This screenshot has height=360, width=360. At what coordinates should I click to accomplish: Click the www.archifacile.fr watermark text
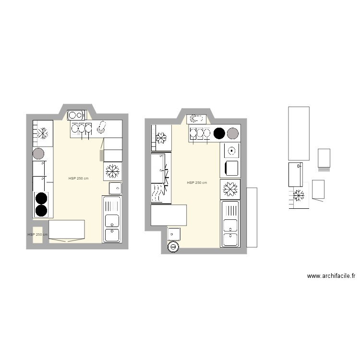coord(331,276)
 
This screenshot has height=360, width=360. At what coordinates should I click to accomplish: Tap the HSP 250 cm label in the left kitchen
coord(78,178)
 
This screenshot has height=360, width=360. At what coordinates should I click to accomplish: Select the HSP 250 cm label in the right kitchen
coord(197,183)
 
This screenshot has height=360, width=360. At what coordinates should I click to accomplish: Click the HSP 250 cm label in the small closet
coord(37,235)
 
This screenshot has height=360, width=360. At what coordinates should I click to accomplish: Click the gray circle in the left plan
coord(38,154)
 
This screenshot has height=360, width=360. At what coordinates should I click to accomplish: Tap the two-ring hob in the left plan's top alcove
coord(76,115)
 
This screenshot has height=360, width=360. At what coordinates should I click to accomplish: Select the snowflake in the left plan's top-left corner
coord(43,133)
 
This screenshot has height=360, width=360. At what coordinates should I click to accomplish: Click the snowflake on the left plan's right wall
coord(113,170)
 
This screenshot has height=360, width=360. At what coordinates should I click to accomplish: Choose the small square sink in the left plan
coord(115,188)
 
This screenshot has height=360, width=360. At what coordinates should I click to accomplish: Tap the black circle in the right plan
coord(219,133)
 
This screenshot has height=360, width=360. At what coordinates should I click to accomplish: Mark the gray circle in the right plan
coord(233,133)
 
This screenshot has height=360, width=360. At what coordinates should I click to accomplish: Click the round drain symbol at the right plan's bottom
coord(173,247)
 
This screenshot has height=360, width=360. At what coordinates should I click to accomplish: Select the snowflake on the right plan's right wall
coord(230,189)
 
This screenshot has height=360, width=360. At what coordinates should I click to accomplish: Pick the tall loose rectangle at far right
coord(298,133)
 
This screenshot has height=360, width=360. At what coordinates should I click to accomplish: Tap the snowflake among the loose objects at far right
coord(299,195)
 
